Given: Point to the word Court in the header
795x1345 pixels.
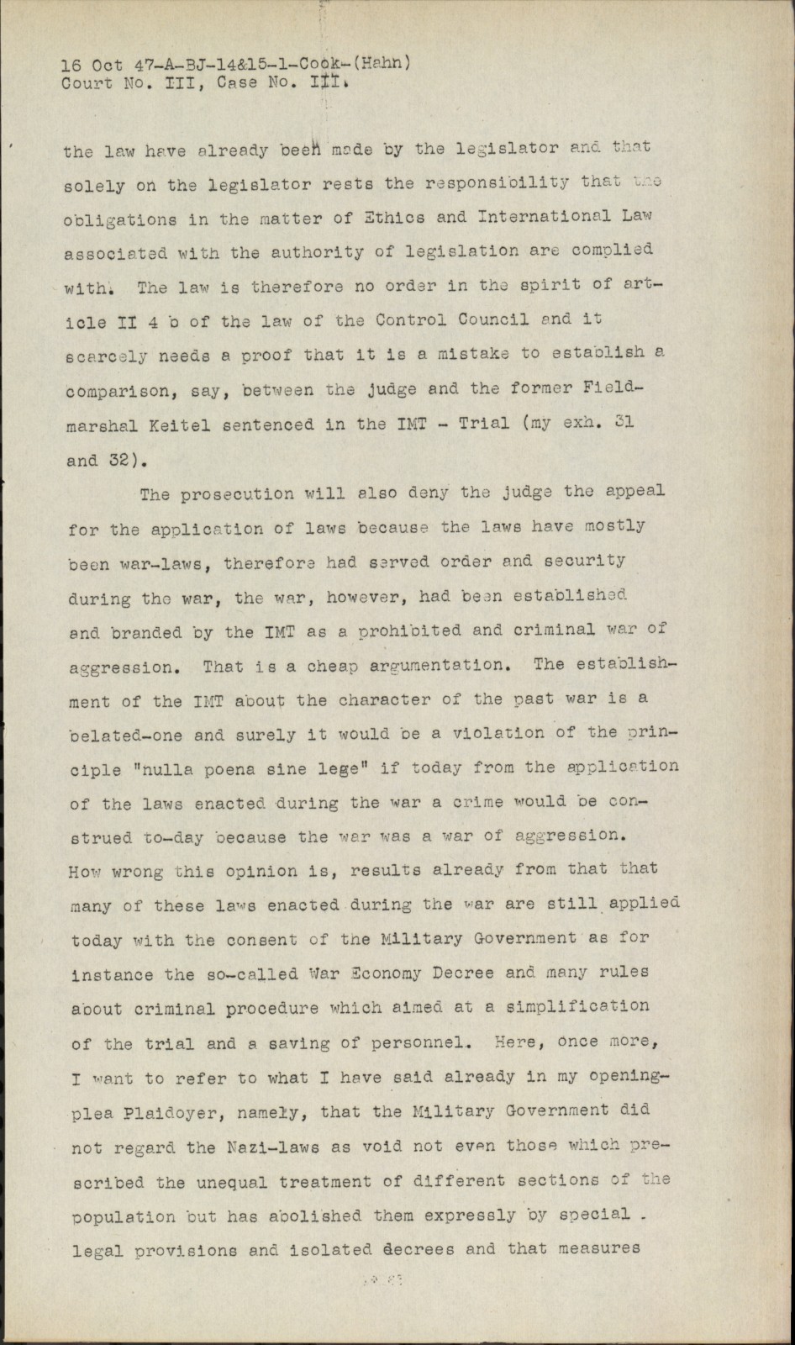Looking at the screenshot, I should (87, 83).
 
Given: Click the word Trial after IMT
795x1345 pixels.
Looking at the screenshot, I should (483, 423).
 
